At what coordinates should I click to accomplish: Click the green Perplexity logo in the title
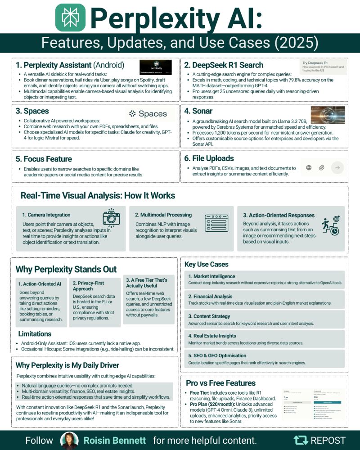click(70, 18)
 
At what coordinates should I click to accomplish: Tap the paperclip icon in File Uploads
click(321, 168)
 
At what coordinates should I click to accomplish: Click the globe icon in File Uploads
click(309, 168)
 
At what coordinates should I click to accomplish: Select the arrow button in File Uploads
click(337, 168)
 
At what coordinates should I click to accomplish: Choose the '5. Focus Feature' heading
click(44, 158)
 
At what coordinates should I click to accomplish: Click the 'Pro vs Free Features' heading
click(220, 383)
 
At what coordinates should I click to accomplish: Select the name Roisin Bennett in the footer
click(116, 440)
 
